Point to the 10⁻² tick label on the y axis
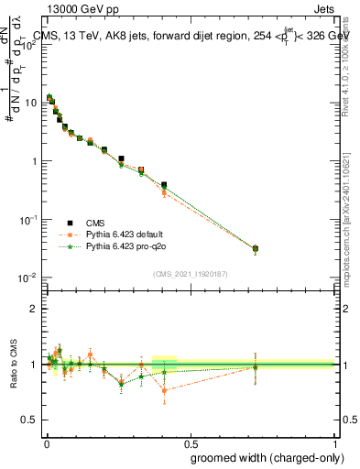click(x=28, y=278)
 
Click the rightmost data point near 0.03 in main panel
click(x=256, y=248)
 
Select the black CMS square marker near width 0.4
click(x=164, y=185)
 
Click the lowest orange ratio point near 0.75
click(x=164, y=390)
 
